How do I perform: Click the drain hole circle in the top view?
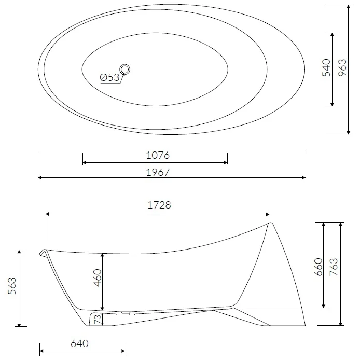pos(125,64)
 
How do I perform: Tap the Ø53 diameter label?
pos(110,77)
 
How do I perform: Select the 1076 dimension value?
pos(158,156)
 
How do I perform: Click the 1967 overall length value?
pos(158,172)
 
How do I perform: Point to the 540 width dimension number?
pos(326,68)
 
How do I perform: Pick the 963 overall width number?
pos(342,67)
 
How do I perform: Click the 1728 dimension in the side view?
pos(159,205)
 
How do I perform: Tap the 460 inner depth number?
pos(98,278)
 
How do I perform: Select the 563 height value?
pos(12,286)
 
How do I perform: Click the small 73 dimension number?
pos(98,319)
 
